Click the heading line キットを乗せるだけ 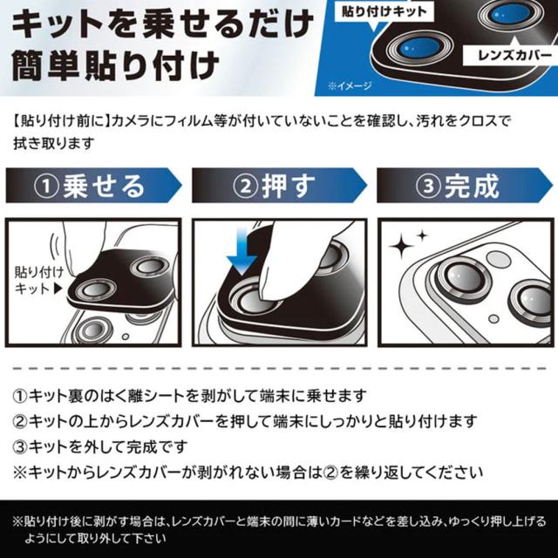click(163, 25)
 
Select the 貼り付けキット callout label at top click(384, 11)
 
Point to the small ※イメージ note click(350, 85)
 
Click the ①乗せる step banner click(93, 186)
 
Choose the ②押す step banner click(279, 186)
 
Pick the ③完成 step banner click(465, 186)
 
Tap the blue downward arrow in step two click(242, 251)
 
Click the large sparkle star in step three click(401, 246)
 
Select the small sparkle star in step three click(422, 235)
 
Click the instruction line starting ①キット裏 click(190, 396)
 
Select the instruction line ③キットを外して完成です click(100, 447)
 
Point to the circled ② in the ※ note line click(330, 473)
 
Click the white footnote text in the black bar click(279, 529)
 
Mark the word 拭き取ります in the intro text click(54, 143)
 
